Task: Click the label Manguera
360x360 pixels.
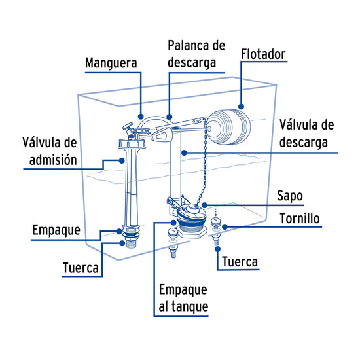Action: pos(111,63)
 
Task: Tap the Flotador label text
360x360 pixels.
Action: pos(263,54)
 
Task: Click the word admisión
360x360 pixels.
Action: pos(53,159)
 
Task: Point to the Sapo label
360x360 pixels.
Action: pos(290,196)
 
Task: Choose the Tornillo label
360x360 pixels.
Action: pos(300,219)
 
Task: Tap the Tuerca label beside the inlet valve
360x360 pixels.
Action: pos(81,268)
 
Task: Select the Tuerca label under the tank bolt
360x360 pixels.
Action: pos(240,262)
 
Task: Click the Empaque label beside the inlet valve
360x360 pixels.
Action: pos(56,230)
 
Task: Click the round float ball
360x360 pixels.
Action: pos(229,127)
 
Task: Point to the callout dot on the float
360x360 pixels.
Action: pos(241,107)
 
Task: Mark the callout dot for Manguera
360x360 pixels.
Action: pos(141,117)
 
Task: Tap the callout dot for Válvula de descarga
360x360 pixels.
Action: pos(184,153)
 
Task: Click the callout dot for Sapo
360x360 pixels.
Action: pos(204,205)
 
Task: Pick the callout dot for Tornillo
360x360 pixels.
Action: pos(225,227)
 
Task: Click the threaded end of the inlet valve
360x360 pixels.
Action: pos(131,243)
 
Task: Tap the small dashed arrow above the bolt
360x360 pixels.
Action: pos(215,212)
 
